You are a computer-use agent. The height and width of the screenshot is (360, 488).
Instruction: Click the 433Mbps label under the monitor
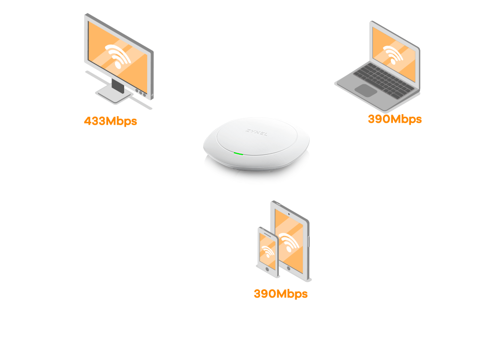110,121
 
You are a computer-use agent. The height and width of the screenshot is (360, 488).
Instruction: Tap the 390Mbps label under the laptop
394,119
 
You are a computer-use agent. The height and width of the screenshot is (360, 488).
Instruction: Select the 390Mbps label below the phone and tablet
280,293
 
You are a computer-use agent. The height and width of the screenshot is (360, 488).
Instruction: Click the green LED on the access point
239,153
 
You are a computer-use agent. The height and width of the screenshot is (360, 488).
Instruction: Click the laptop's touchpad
366,90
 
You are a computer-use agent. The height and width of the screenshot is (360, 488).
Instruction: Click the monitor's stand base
113,95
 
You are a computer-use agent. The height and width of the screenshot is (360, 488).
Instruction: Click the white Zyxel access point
256,145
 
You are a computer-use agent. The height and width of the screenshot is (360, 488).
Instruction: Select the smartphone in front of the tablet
268,251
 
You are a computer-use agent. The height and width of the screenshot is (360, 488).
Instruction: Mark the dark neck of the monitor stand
118,86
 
